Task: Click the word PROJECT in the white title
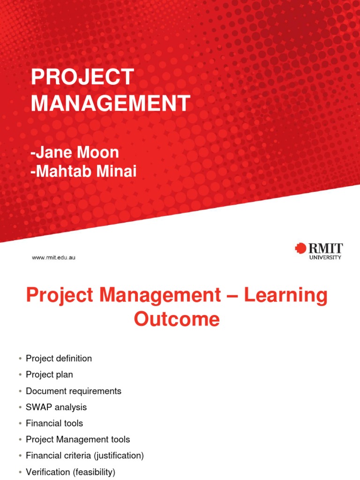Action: click(82, 77)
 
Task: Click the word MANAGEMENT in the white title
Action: click(111, 103)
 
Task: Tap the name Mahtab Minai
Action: click(85, 172)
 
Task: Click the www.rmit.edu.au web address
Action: click(53, 257)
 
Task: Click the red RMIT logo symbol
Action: click(300, 248)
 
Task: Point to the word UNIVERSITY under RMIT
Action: click(325, 257)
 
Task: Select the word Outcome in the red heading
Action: click(177, 319)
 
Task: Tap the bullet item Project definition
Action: click(59, 359)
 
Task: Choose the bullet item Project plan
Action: click(49, 375)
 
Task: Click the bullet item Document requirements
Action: click(74, 391)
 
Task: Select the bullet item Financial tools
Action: click(54, 423)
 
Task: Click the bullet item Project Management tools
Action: click(78, 440)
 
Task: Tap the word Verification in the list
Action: click(47, 472)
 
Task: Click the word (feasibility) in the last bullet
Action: click(93, 472)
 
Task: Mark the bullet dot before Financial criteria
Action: click(20, 456)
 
